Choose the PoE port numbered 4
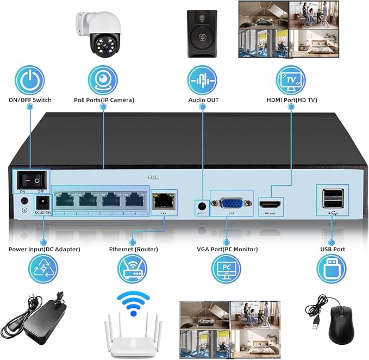tap(65, 200)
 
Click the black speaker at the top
tap(202, 34)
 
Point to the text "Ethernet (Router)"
tap(133, 249)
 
